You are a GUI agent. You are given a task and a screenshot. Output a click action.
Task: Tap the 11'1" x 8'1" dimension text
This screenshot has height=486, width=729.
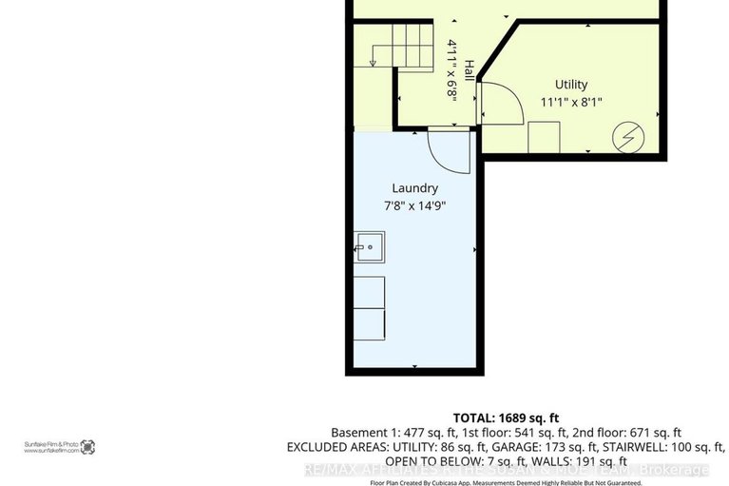[x=571, y=102]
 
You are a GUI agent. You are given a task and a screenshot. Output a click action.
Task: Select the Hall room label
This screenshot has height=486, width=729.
[x=469, y=72]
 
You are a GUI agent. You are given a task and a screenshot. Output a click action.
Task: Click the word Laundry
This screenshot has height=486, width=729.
[x=414, y=188]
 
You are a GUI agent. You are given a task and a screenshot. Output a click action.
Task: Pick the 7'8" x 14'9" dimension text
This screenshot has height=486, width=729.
[x=414, y=205]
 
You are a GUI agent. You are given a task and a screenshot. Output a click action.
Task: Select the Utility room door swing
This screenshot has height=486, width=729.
[x=501, y=100]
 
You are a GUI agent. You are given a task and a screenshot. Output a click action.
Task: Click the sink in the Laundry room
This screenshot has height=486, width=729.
[x=369, y=248]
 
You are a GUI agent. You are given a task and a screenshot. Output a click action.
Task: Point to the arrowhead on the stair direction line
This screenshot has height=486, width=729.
[x=374, y=63]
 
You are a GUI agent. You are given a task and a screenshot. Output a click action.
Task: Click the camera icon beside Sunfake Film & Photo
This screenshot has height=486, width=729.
[x=87, y=446]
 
